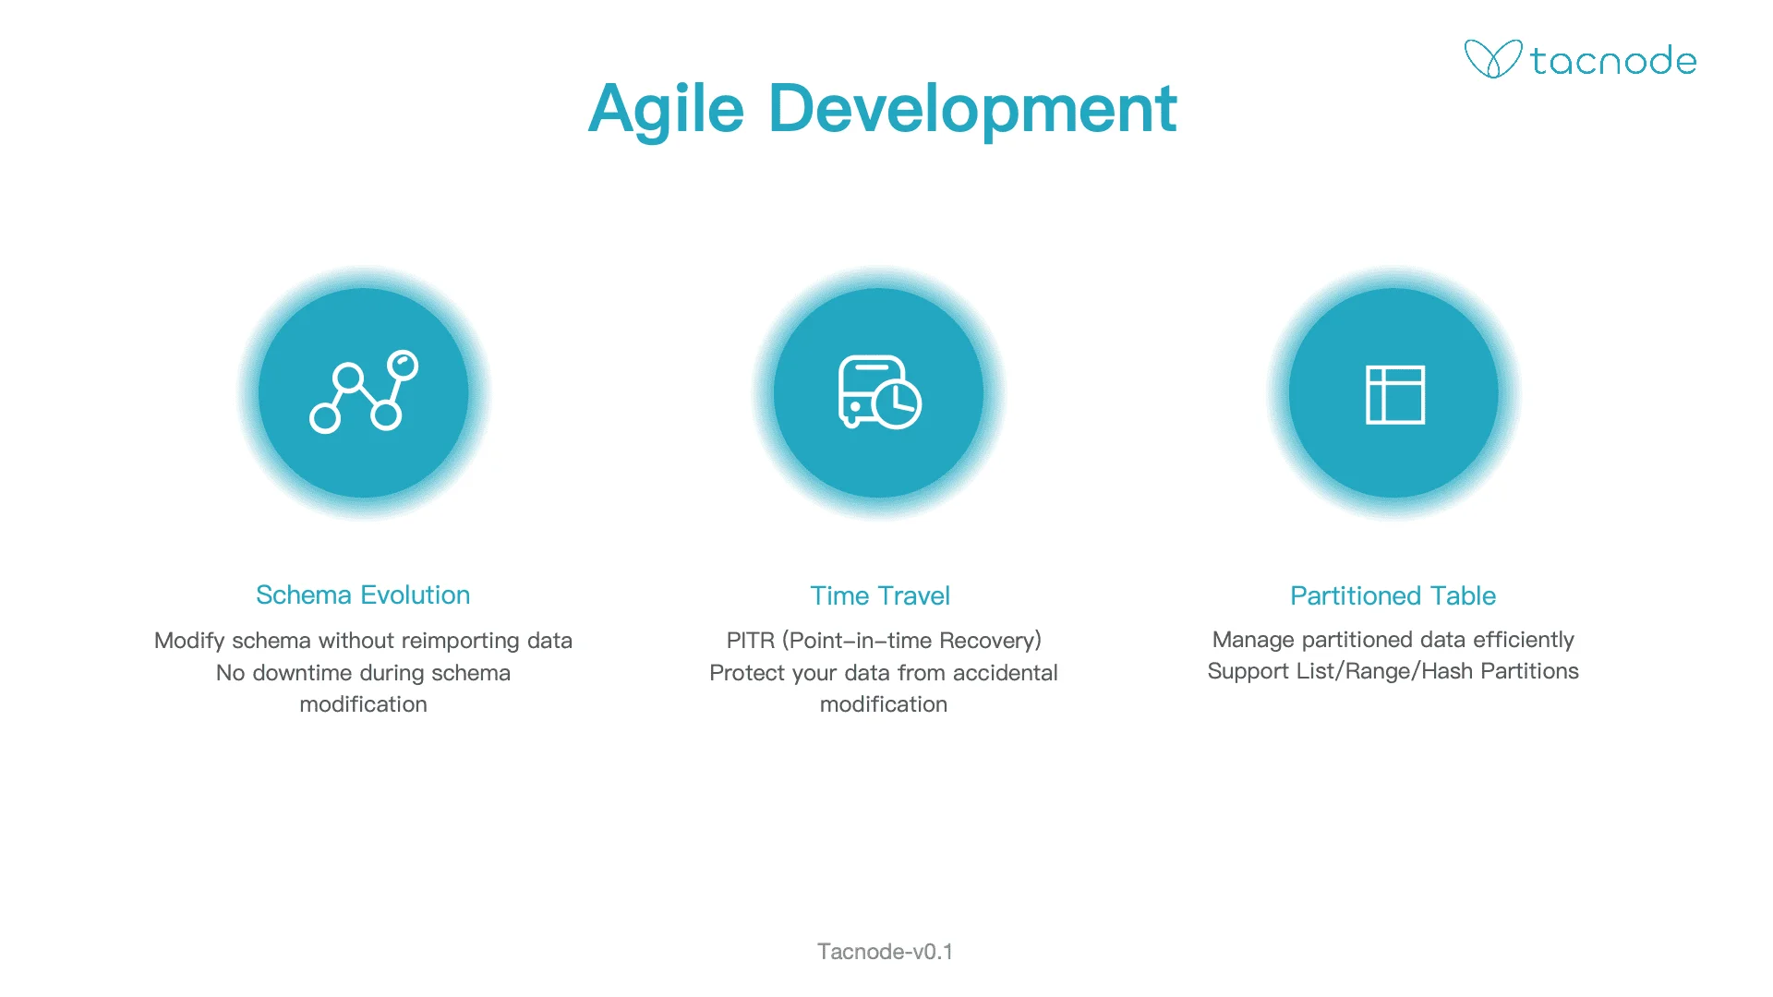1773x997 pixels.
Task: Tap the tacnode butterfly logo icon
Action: pos(1492,59)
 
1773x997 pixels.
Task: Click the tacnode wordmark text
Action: pos(1613,61)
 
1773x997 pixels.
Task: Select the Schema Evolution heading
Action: pos(363,595)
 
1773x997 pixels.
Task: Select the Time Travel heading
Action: pos(880,595)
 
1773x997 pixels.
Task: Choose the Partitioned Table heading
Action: pos(1393,595)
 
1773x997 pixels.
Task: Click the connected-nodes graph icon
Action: pos(364,391)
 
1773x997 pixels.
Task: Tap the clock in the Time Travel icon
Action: pos(898,403)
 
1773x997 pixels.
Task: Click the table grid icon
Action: pos(1395,394)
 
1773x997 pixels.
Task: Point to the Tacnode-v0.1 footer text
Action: pos(885,952)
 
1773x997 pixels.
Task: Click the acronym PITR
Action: pos(750,641)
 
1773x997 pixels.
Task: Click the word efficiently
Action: pos(1524,640)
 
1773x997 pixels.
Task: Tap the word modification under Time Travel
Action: pos(884,704)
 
